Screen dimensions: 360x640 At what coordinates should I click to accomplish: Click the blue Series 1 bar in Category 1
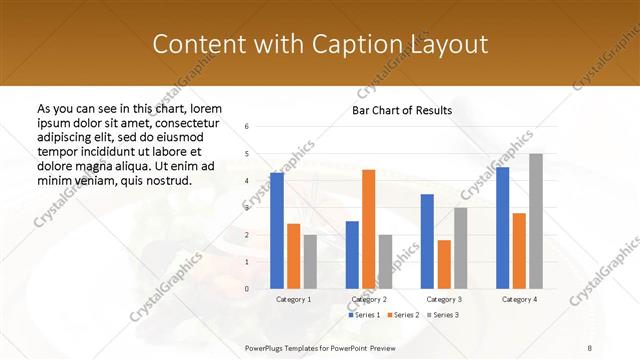coord(277,231)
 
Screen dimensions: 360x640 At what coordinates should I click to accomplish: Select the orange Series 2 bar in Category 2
coord(368,229)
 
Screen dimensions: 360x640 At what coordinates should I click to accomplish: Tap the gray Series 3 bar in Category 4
coord(536,221)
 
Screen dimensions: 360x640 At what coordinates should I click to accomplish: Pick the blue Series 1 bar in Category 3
coord(427,241)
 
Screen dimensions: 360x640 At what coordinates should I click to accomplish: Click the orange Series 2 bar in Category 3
coord(444,264)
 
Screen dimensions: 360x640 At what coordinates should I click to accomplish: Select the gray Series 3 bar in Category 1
coord(310,262)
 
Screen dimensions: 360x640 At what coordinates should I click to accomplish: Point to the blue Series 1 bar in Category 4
coord(502,228)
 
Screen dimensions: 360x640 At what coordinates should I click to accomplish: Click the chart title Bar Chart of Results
coord(401,110)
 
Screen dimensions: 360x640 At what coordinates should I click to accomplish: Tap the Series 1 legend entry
coord(364,315)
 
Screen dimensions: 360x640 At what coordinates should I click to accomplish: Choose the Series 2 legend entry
coord(403,315)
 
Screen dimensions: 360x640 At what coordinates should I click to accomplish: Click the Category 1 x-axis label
coord(293,299)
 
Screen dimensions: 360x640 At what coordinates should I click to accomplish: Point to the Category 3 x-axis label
coord(444,299)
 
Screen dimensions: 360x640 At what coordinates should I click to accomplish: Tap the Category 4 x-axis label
coord(519,299)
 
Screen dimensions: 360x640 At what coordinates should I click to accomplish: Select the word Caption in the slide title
coord(367,44)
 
